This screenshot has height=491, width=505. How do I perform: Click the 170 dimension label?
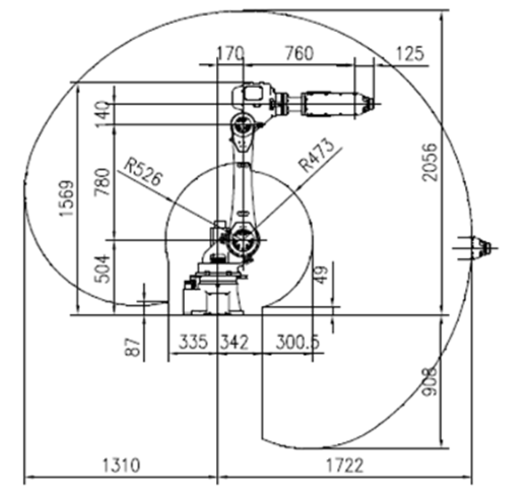tap(231, 53)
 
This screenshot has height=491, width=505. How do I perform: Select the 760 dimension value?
tap(300, 53)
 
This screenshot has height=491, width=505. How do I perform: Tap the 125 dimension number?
tap(409, 53)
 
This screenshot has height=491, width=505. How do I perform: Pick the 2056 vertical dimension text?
tap(430, 162)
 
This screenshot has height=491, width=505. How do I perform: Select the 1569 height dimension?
tap(68, 198)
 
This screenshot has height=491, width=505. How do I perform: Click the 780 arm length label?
tap(102, 182)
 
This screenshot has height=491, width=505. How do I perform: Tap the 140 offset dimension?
tap(102, 115)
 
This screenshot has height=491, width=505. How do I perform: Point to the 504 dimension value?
tap(103, 269)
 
